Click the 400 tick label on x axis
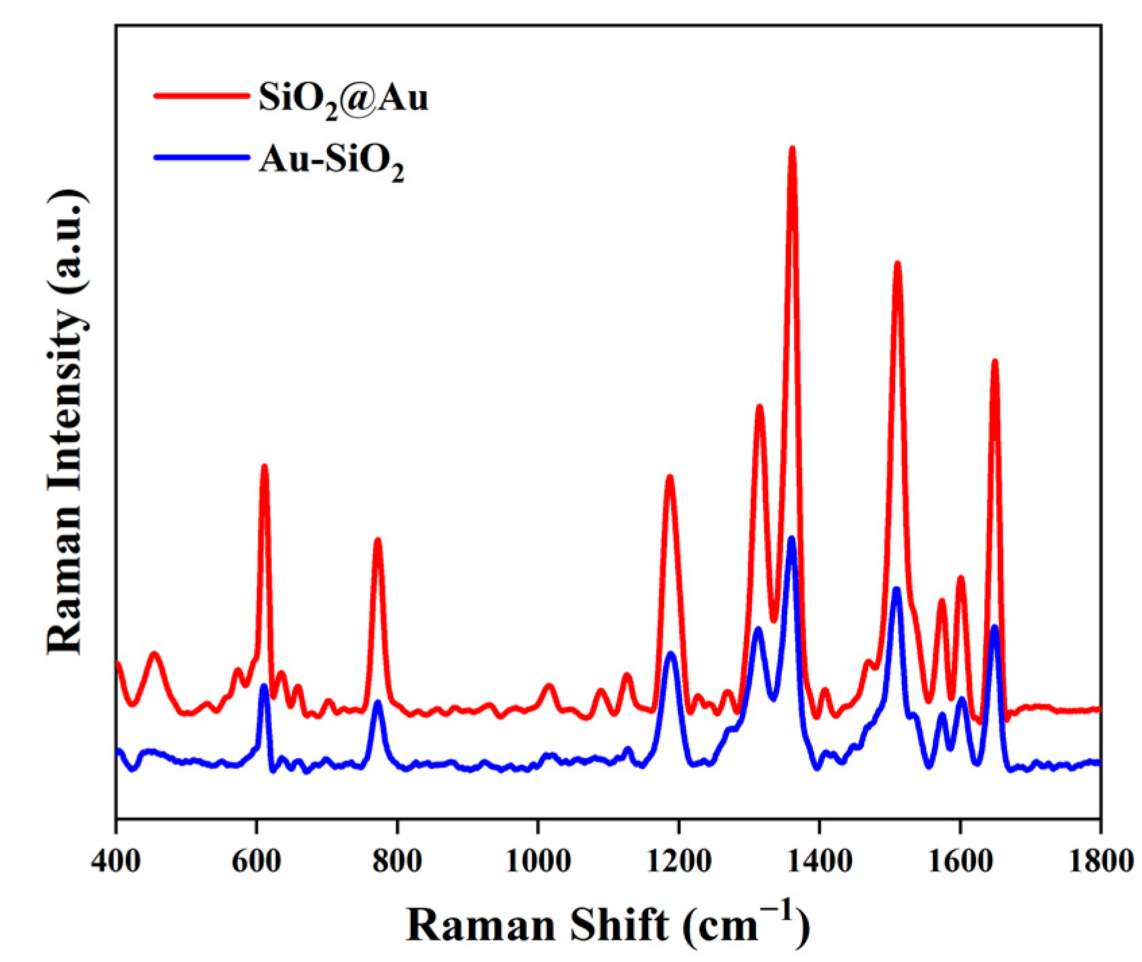click(116, 862)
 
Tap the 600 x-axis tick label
click(256, 862)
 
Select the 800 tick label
click(397, 862)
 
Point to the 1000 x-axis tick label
click(538, 862)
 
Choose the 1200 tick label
click(679, 862)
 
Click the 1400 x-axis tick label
click(819, 862)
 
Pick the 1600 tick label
click(959, 862)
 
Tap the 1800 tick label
click(1100, 862)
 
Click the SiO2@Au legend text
click(343, 99)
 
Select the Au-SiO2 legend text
click(331, 161)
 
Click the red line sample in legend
click(201, 96)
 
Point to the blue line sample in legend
click(201, 157)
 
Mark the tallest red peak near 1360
click(792, 148)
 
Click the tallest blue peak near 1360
click(791, 539)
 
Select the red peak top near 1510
click(897, 264)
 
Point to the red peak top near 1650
click(994, 362)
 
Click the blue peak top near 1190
click(670, 654)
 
